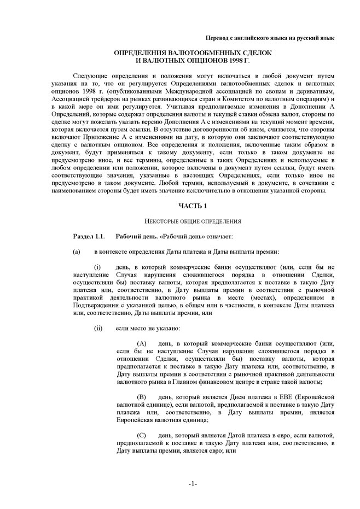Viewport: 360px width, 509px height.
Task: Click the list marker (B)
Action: [141, 396]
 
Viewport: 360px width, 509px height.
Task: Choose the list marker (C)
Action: [141, 435]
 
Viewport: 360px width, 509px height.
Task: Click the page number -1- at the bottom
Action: [193, 484]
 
